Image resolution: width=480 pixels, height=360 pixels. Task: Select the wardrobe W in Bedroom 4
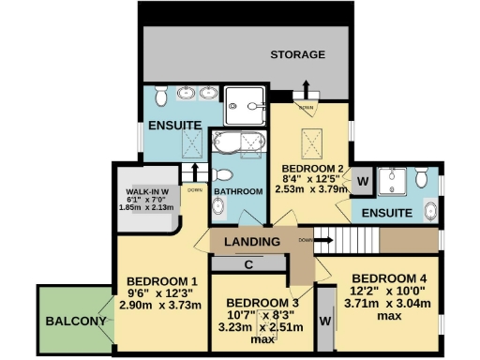[x=325, y=321]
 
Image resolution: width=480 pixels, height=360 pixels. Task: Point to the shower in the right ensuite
[x=396, y=180]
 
